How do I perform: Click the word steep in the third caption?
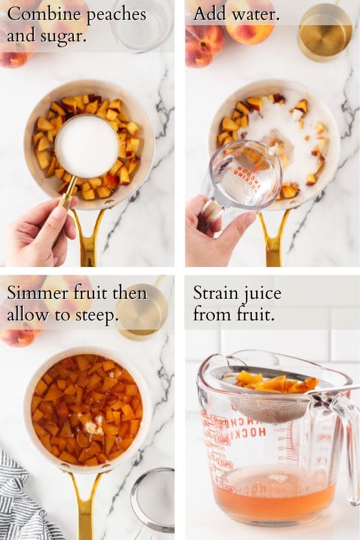95,314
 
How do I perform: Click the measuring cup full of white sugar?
87,146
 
